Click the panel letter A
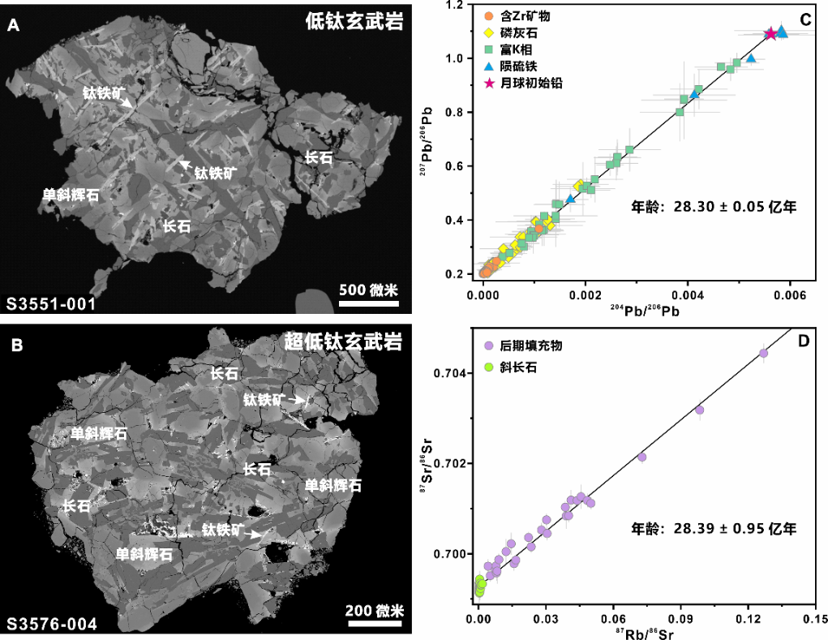(13, 26)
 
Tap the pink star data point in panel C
(770, 33)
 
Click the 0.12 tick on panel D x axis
(748, 618)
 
